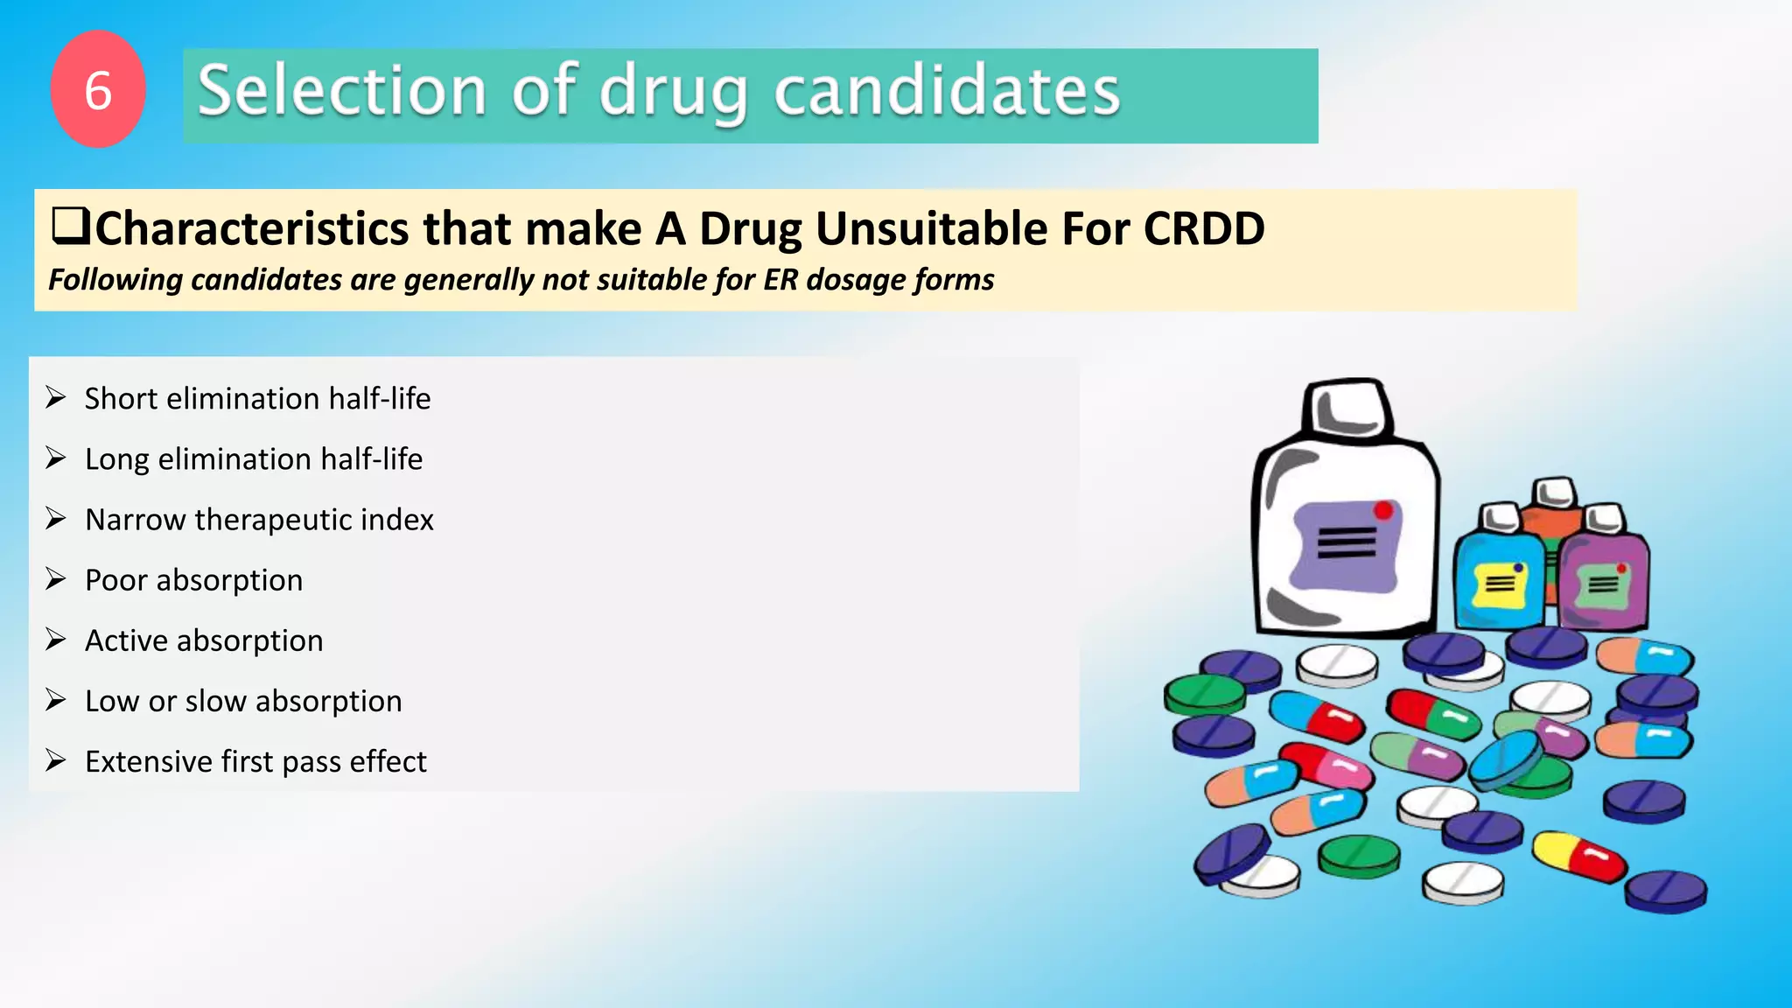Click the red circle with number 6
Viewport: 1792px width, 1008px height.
[98, 89]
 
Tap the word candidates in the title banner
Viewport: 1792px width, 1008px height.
[947, 91]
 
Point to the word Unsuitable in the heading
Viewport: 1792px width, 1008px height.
[931, 229]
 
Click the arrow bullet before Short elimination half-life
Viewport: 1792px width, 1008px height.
[56, 398]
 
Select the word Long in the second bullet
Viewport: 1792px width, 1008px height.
[116, 460]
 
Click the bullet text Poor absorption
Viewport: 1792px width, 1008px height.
[193, 580]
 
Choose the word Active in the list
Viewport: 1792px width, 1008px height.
[126, 640]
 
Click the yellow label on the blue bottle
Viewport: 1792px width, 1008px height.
[1498, 584]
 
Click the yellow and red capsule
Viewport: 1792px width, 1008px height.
[1578, 856]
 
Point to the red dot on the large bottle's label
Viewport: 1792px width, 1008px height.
[1383, 510]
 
